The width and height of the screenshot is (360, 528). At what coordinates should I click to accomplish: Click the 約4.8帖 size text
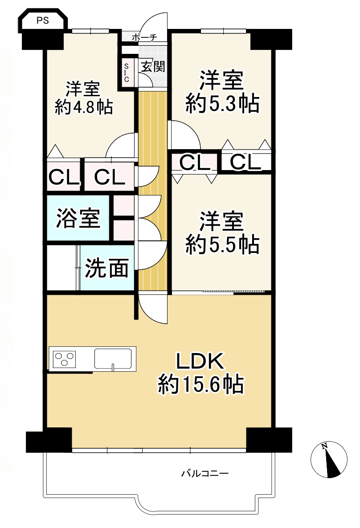point(83,107)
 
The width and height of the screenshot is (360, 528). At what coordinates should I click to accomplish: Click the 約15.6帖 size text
point(201,384)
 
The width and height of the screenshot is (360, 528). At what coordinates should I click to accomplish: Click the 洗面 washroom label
point(107,268)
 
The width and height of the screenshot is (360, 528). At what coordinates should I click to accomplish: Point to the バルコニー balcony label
point(205,473)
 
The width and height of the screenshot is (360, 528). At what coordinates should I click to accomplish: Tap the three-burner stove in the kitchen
point(64,358)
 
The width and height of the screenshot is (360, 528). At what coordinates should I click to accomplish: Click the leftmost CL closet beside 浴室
point(64,178)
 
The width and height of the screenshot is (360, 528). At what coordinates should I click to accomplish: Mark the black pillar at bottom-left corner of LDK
point(49,439)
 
